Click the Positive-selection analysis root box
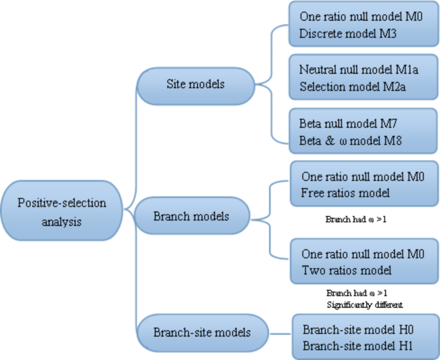62,212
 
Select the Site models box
195,84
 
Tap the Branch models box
191,216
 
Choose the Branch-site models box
201,332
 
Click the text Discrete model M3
342,34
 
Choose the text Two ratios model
346,271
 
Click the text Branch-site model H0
358,329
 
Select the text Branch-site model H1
357,346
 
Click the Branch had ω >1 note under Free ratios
356,220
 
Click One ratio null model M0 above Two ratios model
363,253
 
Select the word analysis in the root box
62,221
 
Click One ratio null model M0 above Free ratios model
363,175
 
